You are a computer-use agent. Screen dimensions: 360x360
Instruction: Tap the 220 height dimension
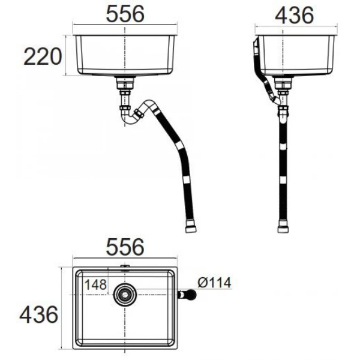pos(43,56)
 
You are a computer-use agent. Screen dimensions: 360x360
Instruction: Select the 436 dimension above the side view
pos(294,15)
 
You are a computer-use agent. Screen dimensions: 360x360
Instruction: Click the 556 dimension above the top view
pos(125,247)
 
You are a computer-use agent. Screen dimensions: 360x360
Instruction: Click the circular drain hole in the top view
pos(125,294)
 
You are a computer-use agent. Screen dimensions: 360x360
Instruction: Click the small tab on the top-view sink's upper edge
pos(125,266)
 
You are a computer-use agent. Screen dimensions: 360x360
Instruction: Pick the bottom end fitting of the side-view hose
pos(283,228)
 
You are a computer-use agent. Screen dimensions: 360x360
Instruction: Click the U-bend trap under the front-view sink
pos(128,115)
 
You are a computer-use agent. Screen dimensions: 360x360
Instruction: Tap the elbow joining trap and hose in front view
pos(142,110)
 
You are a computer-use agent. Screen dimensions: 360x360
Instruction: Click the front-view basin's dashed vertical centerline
pos(125,54)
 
